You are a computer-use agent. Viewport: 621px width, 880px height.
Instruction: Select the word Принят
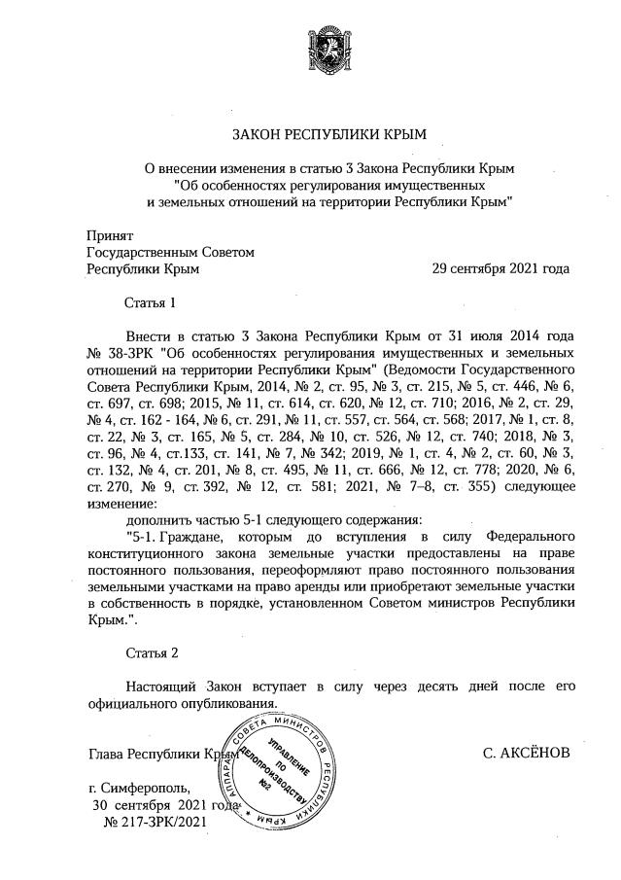[110, 235]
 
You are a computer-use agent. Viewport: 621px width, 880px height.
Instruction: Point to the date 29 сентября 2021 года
[500, 268]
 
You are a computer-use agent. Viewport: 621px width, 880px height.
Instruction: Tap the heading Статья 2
[151, 650]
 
